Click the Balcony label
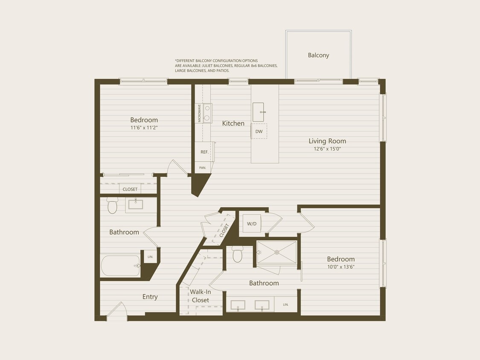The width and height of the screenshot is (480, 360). [318, 55]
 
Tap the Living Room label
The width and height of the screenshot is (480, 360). [327, 141]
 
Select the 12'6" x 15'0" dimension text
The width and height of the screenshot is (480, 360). [327, 149]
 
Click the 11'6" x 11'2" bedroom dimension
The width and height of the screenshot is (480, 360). [144, 128]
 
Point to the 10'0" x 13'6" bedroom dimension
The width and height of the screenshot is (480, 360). [340, 267]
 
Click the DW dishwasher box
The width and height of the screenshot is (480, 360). [259, 131]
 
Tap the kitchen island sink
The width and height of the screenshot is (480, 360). [258, 112]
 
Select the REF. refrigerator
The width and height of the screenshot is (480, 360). [204, 152]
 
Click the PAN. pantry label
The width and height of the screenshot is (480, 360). [203, 168]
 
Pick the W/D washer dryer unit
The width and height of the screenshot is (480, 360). [252, 224]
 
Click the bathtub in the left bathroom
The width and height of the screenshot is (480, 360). [120, 266]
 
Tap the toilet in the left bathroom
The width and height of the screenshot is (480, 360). [112, 206]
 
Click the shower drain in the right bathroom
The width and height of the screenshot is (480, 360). [276, 252]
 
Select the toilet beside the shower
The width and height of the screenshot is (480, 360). [238, 255]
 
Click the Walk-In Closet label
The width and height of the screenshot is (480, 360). [200, 296]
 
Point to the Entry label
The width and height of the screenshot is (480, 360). [150, 297]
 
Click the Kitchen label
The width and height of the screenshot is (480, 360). [233, 123]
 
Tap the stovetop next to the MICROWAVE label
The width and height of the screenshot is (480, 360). [207, 113]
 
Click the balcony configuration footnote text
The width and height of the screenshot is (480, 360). [226, 66]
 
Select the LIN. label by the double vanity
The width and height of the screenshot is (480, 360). [285, 305]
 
